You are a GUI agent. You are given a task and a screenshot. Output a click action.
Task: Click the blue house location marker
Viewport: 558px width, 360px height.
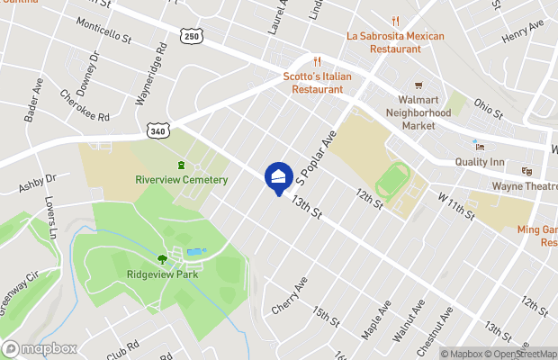(278, 176)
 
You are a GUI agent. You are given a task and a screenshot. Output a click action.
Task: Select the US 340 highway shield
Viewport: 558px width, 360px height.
(158, 131)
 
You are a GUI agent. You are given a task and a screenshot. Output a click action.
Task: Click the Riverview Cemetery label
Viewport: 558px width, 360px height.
(182, 179)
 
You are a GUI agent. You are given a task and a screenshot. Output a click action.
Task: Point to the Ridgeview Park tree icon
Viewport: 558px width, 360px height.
(162, 259)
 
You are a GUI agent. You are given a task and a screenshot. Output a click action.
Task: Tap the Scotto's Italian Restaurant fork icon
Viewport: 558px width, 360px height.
(317, 62)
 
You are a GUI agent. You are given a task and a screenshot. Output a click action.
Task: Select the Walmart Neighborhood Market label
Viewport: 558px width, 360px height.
(418, 112)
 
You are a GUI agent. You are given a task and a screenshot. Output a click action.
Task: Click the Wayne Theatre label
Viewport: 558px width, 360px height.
(525, 186)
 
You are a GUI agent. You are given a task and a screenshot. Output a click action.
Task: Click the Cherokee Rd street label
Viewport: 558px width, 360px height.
(85, 105)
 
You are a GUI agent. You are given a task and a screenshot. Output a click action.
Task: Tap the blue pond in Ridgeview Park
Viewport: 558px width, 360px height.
(194, 251)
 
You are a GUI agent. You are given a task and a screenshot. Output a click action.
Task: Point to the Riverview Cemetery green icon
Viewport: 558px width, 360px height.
(182, 165)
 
